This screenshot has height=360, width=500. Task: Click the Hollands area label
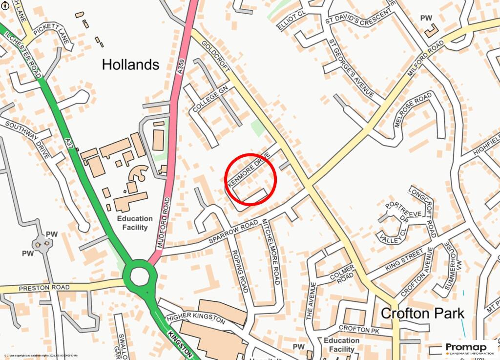tap(130, 64)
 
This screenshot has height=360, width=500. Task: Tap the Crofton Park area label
tap(422, 313)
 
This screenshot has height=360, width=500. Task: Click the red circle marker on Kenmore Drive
tap(251, 179)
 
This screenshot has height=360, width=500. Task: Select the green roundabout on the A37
tap(139, 277)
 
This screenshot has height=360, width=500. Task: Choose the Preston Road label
tap(43, 288)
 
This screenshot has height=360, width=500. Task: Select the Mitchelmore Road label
tap(271, 251)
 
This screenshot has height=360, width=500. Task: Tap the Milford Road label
tap(426, 58)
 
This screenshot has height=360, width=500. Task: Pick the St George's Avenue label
tap(351, 68)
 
